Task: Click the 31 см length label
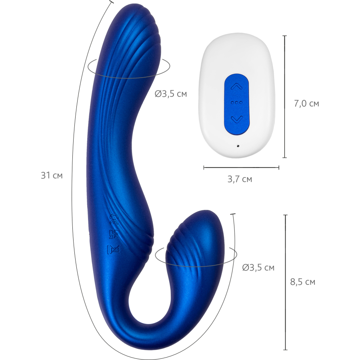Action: pyautogui.click(x=52, y=176)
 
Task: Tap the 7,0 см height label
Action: pyautogui.click(x=306, y=104)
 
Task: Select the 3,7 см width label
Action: pyautogui.click(x=240, y=179)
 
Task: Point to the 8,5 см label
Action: pyautogui.click(x=303, y=282)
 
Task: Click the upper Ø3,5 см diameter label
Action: pyautogui.click(x=171, y=94)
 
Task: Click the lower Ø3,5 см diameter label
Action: pyautogui.click(x=258, y=268)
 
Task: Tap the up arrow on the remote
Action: pyautogui.click(x=237, y=86)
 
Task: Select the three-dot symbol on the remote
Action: pyautogui.click(x=237, y=102)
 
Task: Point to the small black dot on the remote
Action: pyautogui.click(x=238, y=146)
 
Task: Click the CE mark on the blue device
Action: pyautogui.click(x=114, y=219)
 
